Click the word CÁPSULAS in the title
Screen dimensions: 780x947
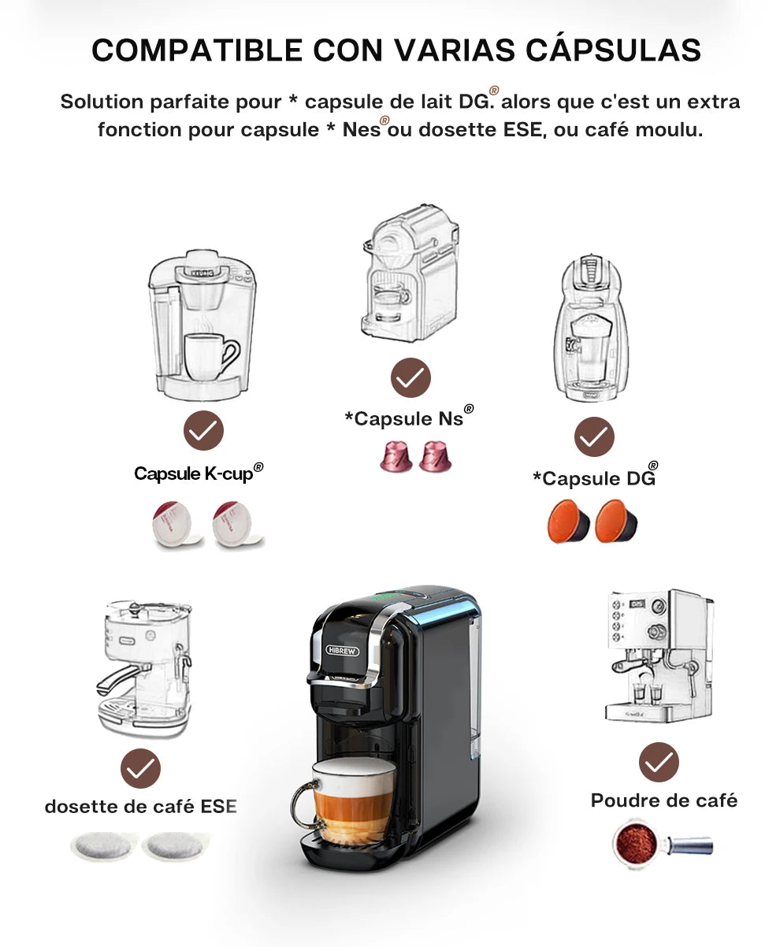(613, 50)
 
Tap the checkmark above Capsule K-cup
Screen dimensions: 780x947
(203, 430)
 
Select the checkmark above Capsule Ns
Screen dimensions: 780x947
(410, 377)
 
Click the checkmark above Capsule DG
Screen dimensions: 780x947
(594, 436)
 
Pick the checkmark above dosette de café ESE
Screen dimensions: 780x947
(140, 768)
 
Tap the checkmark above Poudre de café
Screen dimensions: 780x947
(659, 762)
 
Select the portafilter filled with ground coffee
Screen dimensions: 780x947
(662, 844)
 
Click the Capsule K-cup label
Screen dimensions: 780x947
(199, 473)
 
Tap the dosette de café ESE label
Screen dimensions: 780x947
(140, 806)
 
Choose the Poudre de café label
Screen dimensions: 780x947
(663, 800)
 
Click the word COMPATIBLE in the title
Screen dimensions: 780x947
(197, 50)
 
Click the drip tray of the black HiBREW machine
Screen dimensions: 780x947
(344, 852)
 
